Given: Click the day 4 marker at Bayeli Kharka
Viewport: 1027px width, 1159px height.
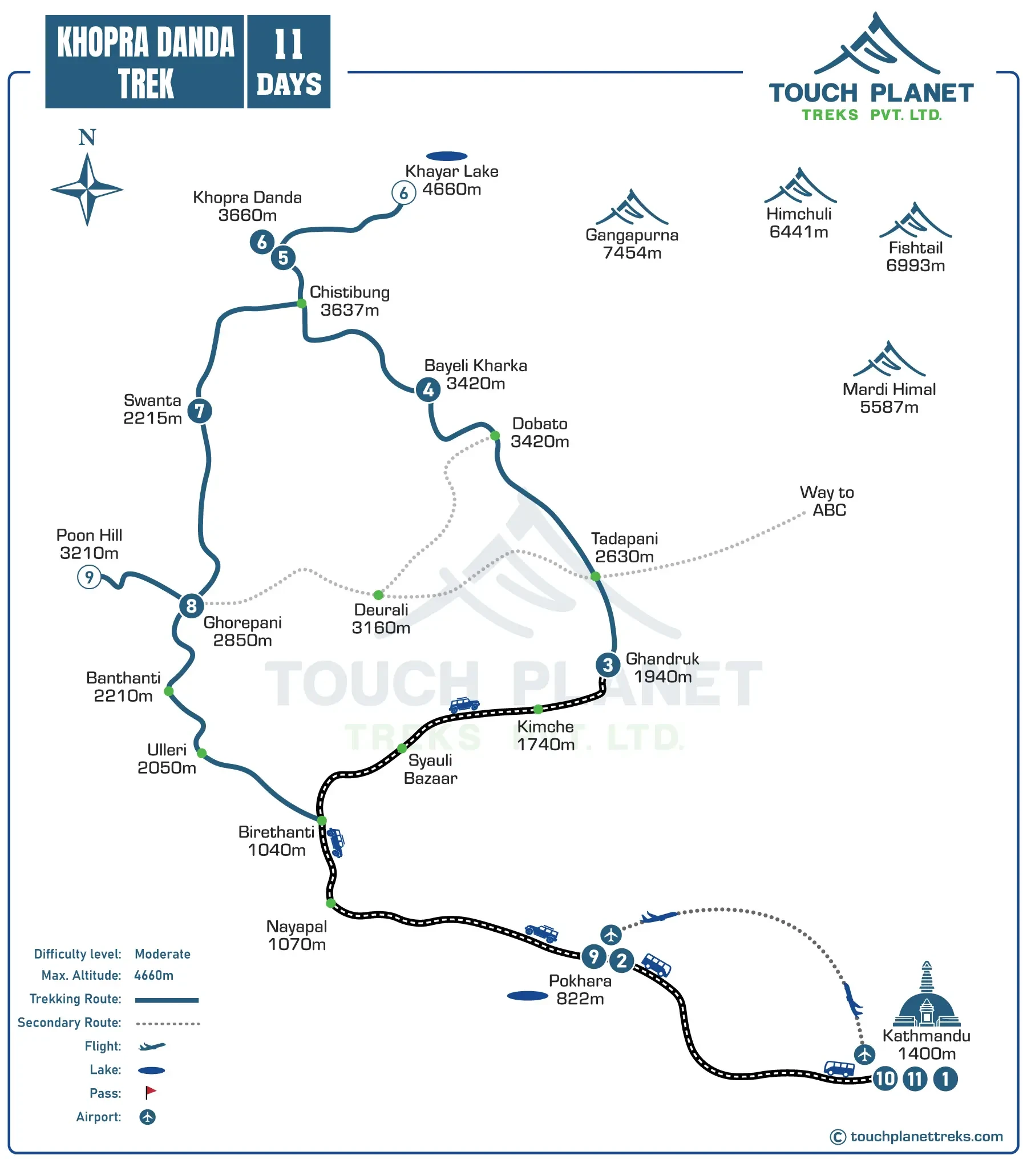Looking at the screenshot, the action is pyautogui.click(x=428, y=390).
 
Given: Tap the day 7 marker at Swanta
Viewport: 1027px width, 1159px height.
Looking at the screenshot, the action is pyautogui.click(x=200, y=411).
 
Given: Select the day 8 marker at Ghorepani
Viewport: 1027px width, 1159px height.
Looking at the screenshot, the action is pyautogui.click(x=191, y=606).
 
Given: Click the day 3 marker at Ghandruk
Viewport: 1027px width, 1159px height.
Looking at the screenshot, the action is pyautogui.click(x=608, y=665).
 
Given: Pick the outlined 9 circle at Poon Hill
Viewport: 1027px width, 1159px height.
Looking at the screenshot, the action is pyautogui.click(x=89, y=577).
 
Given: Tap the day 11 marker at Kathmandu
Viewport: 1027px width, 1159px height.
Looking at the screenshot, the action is pyautogui.click(x=915, y=1079).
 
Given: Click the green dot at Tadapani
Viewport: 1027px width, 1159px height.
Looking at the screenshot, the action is pyautogui.click(x=596, y=577).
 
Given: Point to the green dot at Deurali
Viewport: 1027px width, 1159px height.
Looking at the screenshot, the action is pyautogui.click(x=378, y=595).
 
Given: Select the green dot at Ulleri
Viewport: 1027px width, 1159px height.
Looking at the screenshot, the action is pyautogui.click(x=201, y=753).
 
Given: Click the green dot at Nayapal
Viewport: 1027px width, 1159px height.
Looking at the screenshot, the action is pyautogui.click(x=330, y=903).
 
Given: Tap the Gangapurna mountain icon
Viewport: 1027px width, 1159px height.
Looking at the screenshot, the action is pyautogui.click(x=632, y=208).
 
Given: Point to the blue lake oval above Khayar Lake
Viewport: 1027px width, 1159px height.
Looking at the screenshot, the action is pyautogui.click(x=447, y=156).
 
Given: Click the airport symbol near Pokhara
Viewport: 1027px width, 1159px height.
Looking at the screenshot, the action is pyautogui.click(x=611, y=935).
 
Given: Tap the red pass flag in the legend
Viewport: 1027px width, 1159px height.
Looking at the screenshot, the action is pyautogui.click(x=150, y=1092).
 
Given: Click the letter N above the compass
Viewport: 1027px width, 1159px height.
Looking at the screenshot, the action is pyautogui.click(x=87, y=137).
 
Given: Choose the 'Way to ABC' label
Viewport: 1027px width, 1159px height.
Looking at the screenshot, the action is pyautogui.click(x=827, y=501).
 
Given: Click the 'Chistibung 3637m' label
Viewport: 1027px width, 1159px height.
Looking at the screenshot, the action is pyautogui.click(x=350, y=301).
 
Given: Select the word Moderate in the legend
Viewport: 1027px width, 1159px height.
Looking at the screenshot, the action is pyautogui.click(x=163, y=954).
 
